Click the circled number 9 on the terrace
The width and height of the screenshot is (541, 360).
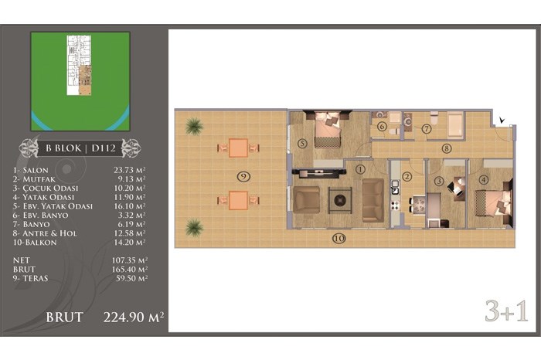[243, 177]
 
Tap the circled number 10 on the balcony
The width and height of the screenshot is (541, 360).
[339, 238]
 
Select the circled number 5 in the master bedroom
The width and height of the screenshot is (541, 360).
[302, 143]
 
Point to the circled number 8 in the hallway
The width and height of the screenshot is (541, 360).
[447, 148]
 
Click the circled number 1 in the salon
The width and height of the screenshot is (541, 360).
[360, 169]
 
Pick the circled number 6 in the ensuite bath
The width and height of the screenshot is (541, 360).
[382, 127]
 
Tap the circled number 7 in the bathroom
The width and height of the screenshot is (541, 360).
[427, 129]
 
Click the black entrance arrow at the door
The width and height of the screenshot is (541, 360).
[502, 120]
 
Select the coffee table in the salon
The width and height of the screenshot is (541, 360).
[340, 200]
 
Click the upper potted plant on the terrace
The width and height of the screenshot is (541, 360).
[194, 126]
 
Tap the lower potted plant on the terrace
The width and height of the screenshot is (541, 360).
[194, 228]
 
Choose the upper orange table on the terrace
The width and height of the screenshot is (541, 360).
[238, 148]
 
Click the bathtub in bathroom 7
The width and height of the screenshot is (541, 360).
[455, 125]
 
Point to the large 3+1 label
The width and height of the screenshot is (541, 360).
[506, 311]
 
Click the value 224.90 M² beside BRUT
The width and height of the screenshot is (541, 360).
[134, 317]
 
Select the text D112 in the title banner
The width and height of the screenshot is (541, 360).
[104, 148]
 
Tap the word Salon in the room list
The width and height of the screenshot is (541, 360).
[36, 170]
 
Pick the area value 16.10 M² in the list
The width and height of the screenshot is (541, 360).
[129, 205]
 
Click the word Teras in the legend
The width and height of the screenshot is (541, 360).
[36, 278]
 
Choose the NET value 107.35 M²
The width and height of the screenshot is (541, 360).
[130, 260]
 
